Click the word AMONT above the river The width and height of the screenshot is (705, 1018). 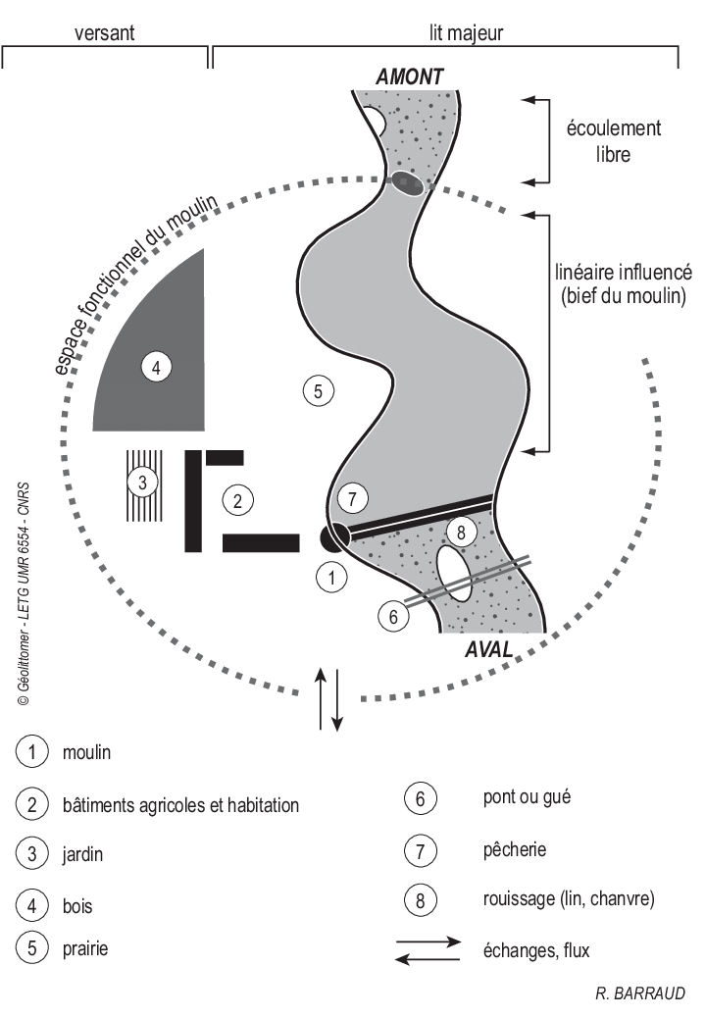[x=410, y=76]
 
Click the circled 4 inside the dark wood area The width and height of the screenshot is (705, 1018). [x=156, y=368]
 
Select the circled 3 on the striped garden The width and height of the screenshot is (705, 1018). [x=143, y=483]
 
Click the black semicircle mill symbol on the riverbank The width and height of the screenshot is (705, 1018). [x=334, y=538]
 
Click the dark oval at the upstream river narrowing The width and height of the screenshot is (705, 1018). [x=409, y=182]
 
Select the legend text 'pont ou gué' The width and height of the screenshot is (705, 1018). [x=527, y=797]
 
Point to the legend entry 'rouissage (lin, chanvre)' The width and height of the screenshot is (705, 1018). [x=569, y=898]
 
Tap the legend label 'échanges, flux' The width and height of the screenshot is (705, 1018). [x=536, y=949]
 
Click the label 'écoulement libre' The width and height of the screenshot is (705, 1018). [x=614, y=141]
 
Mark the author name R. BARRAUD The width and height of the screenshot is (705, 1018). [x=640, y=993]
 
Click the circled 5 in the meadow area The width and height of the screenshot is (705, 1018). [x=319, y=391]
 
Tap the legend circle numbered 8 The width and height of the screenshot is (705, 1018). [x=420, y=899]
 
